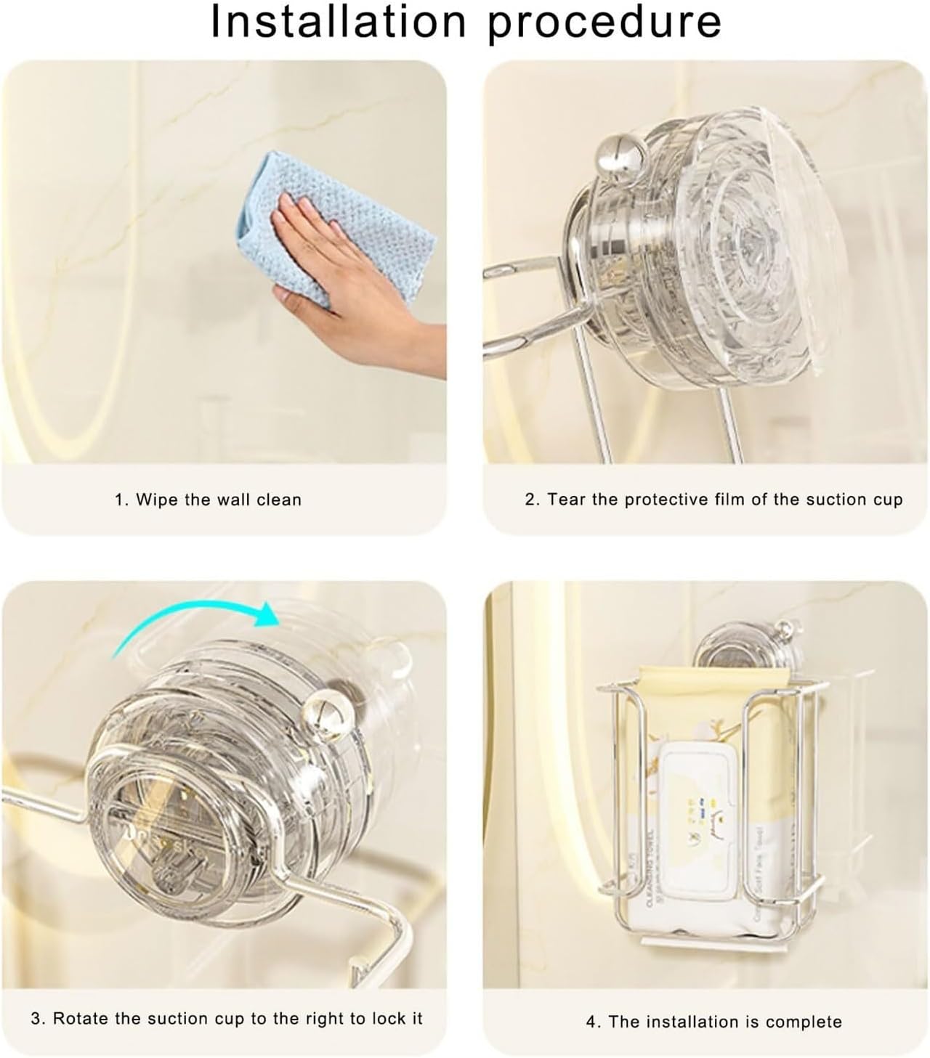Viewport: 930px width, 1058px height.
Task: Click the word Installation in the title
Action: (x=338, y=22)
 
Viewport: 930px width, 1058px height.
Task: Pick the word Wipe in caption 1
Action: (x=153, y=500)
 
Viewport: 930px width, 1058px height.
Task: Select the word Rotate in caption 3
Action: (x=80, y=1019)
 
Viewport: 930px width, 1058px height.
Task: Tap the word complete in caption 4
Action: (x=806, y=1022)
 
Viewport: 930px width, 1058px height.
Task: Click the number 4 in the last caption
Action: (x=591, y=1022)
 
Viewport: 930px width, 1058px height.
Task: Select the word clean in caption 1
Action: (x=279, y=500)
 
